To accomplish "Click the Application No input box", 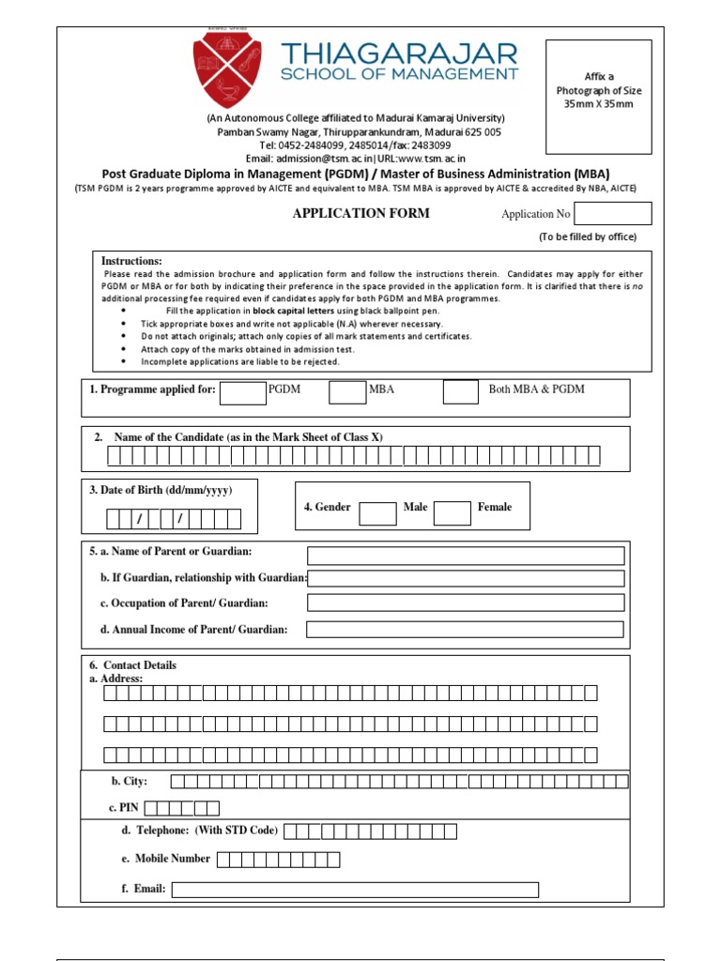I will tap(613, 214).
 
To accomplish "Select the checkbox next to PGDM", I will tap(243, 392).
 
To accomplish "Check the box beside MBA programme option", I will tap(347, 392).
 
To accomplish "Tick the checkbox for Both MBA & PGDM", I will tap(460, 392).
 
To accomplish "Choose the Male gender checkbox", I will tap(377, 512).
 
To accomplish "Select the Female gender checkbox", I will tap(452, 512).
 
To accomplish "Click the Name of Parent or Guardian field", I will tap(466, 556).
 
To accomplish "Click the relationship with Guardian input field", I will tap(466, 579).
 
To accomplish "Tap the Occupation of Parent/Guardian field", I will tap(466, 603).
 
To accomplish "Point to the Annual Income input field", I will tap(466, 629).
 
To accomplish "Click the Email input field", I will tap(355, 890).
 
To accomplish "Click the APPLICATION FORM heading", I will tap(360, 213).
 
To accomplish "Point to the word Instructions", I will tap(131, 261).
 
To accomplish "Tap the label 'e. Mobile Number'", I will tap(165, 859).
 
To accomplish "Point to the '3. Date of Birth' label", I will tap(161, 491).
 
